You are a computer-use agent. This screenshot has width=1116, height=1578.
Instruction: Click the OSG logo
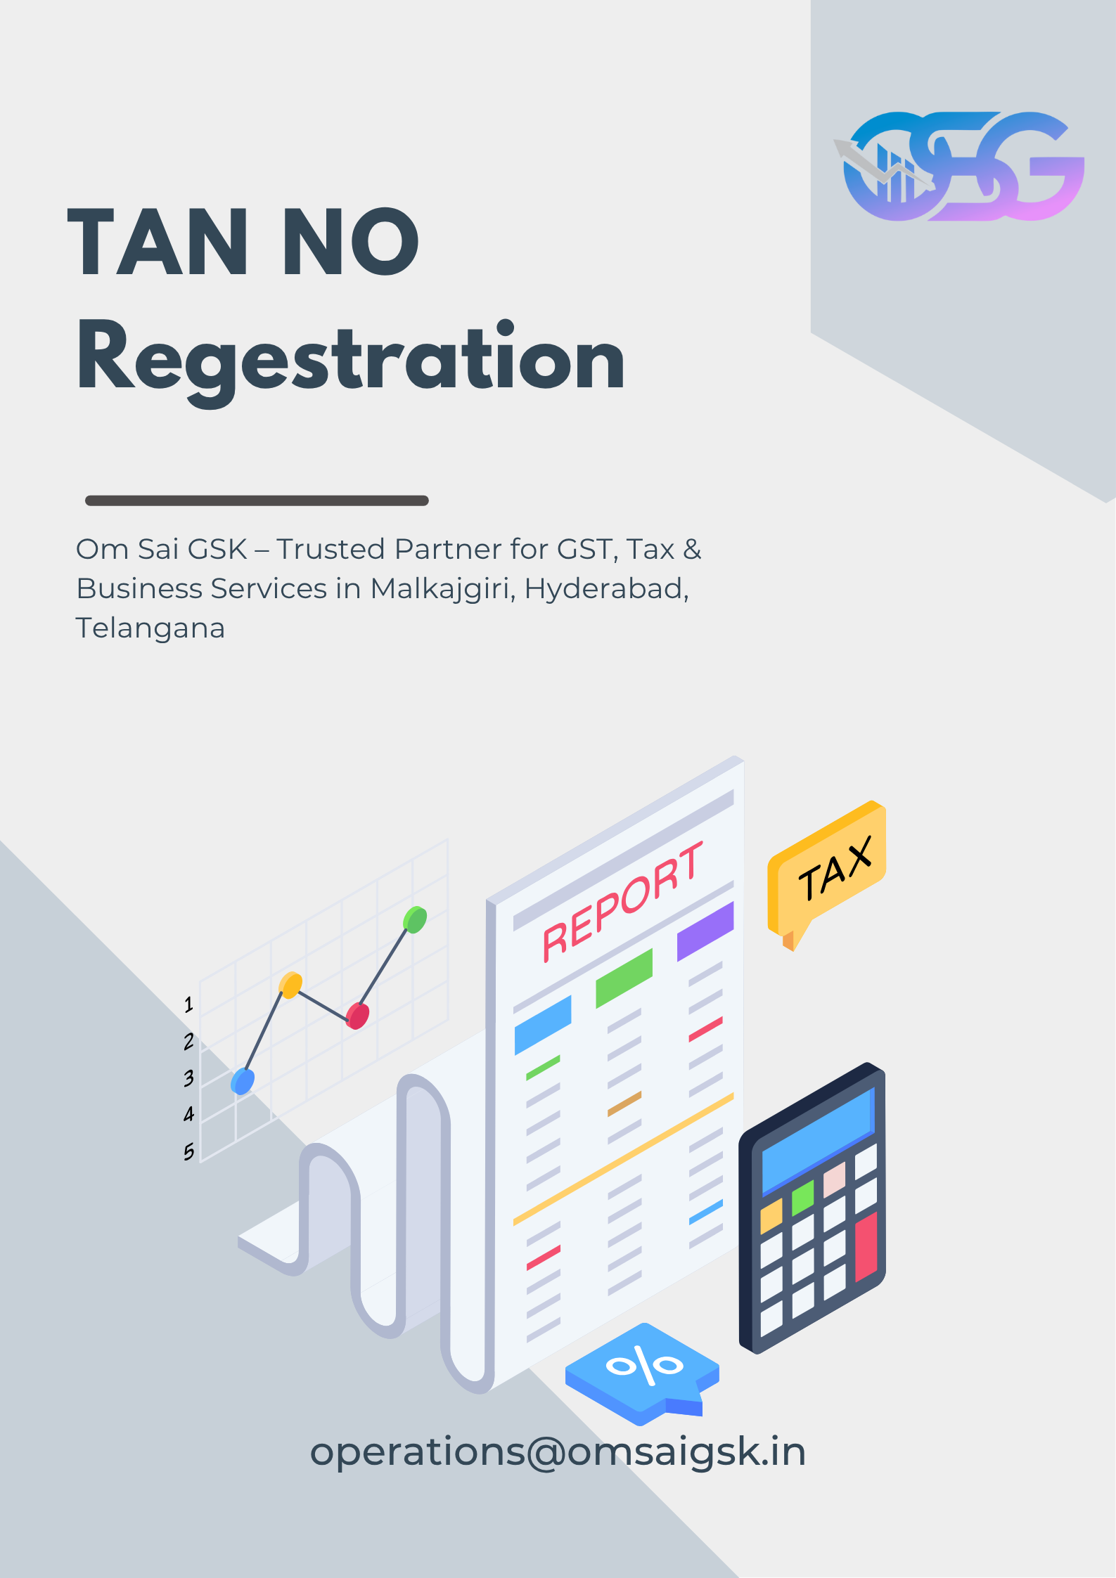[x=960, y=167]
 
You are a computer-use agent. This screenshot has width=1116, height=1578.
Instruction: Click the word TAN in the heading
[x=158, y=242]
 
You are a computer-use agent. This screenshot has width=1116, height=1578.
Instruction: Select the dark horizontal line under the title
[x=257, y=500]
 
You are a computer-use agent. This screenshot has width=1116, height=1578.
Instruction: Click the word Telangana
[x=150, y=628]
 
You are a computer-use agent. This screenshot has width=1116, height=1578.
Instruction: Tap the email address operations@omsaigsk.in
[x=558, y=1452]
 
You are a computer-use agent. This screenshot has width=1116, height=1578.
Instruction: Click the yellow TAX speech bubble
[x=827, y=872]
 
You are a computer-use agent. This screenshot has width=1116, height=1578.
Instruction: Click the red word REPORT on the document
[x=622, y=903]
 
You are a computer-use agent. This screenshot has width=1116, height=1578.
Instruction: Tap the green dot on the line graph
[x=415, y=919]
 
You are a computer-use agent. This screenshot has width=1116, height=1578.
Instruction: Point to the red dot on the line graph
[x=357, y=1016]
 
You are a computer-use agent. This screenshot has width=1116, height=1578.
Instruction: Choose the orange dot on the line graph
[x=290, y=985]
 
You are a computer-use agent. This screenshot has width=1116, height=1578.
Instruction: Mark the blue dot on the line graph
[x=243, y=1081]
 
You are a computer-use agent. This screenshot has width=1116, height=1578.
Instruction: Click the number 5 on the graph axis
[x=188, y=1152]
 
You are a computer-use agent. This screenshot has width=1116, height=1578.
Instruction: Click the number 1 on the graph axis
[x=188, y=1004]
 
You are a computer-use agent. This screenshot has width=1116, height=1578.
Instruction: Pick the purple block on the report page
[x=705, y=931]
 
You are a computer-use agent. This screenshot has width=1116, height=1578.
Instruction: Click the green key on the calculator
[x=802, y=1197]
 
